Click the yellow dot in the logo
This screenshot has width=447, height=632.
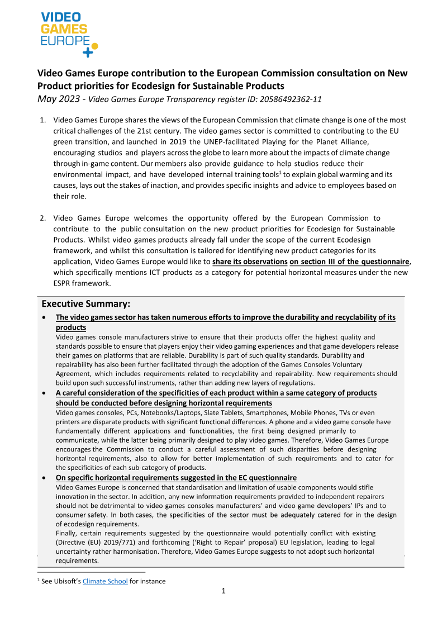94,46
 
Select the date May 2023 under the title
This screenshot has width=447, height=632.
59,99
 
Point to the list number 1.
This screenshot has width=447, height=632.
42,120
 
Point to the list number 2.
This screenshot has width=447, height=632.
42,218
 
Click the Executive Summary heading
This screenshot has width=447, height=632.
86,304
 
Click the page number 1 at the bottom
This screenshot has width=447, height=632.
223,591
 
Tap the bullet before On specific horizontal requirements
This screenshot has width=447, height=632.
44,478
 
